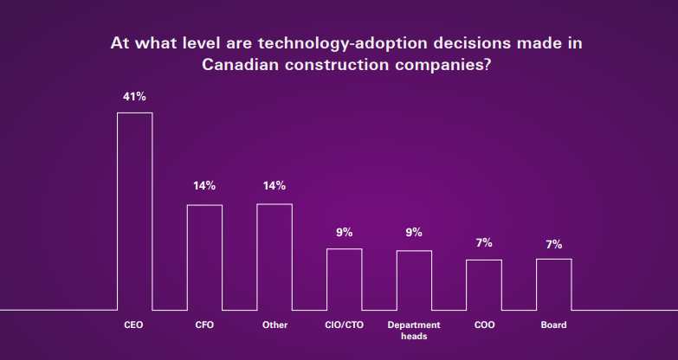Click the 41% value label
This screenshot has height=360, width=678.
pyautogui.click(x=134, y=97)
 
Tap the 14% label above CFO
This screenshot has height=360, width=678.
pyautogui.click(x=204, y=186)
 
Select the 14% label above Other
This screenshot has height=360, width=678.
pyautogui.click(x=274, y=186)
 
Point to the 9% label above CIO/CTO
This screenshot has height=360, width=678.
pyautogui.click(x=344, y=233)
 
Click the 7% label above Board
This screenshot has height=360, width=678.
pyautogui.click(x=554, y=245)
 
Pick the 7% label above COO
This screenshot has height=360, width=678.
pyautogui.click(x=484, y=243)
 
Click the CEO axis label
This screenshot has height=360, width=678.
pyautogui.click(x=133, y=325)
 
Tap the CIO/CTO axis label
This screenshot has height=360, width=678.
pyautogui.click(x=344, y=325)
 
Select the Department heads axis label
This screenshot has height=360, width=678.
pyautogui.click(x=414, y=331)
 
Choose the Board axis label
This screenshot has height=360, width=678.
pyautogui.click(x=553, y=325)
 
